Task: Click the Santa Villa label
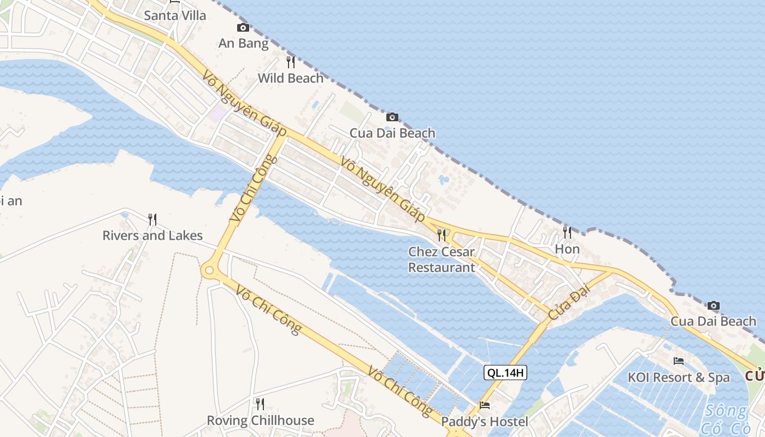175,15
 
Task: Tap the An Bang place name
243,43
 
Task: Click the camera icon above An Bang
243,28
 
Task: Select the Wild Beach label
291,78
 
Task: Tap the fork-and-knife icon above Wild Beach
291,62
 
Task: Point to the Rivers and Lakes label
152,235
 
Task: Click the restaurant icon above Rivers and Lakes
152,220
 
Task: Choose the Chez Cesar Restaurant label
442,259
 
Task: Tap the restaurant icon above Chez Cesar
442,235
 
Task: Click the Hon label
567,249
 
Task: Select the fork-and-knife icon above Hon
567,233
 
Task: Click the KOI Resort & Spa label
679,377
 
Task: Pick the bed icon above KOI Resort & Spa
679,361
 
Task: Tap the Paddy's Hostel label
485,422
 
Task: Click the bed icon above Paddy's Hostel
485,405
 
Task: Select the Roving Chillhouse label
260,420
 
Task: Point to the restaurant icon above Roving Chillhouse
260,404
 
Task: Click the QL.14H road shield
505,373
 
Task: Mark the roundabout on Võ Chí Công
209,270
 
